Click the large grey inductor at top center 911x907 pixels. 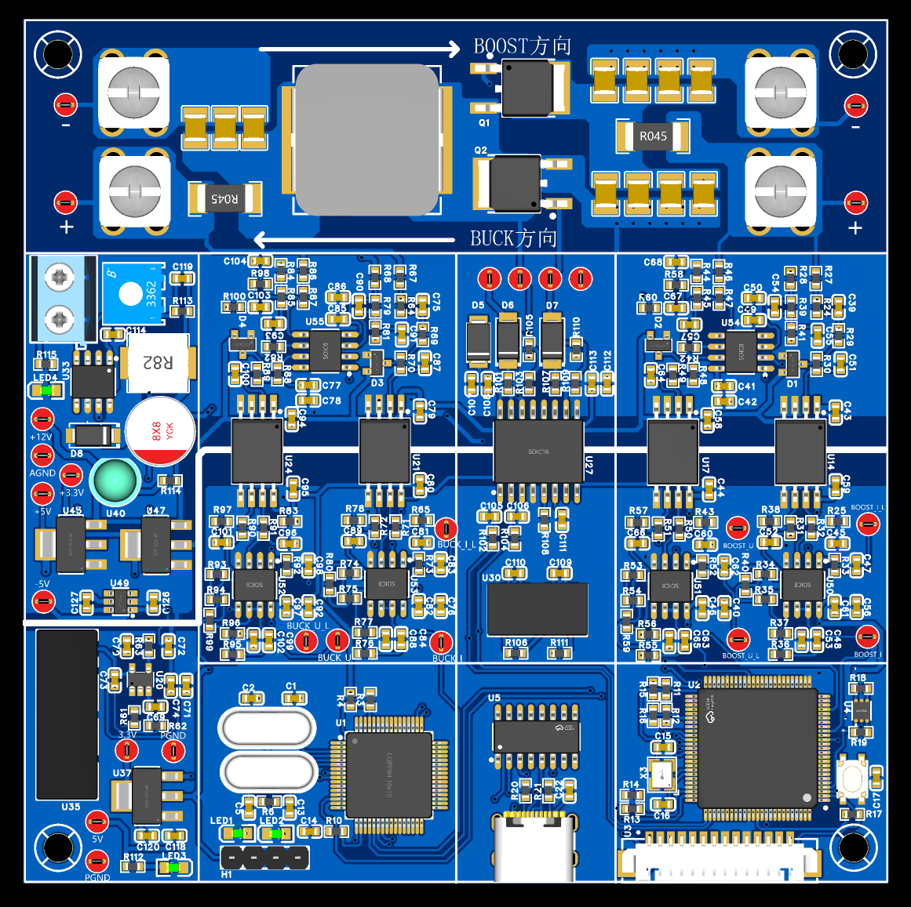[367, 140]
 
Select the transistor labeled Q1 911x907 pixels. [527, 87]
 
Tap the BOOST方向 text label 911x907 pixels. [522, 46]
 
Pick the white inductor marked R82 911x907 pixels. [157, 362]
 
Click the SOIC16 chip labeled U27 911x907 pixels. [538, 451]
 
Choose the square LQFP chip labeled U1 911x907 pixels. [388, 775]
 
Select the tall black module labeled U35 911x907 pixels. [67, 713]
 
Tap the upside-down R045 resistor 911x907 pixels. [224, 198]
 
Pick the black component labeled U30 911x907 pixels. [537, 609]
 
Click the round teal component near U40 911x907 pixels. [115, 481]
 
